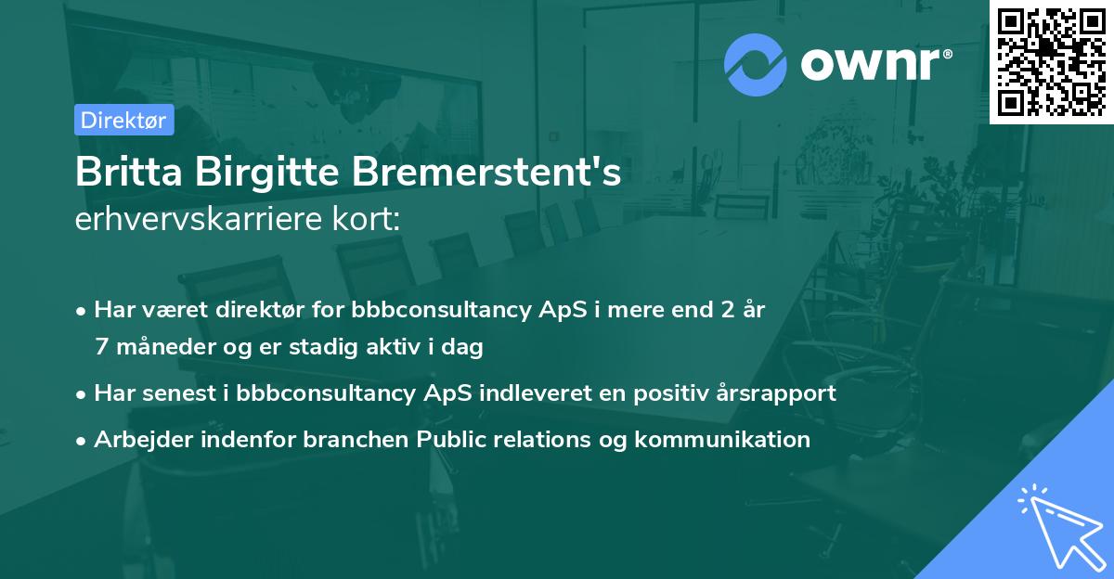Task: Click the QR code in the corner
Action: coord(1051,61)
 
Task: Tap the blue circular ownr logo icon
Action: coord(756,64)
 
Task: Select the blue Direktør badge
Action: coord(123,120)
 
